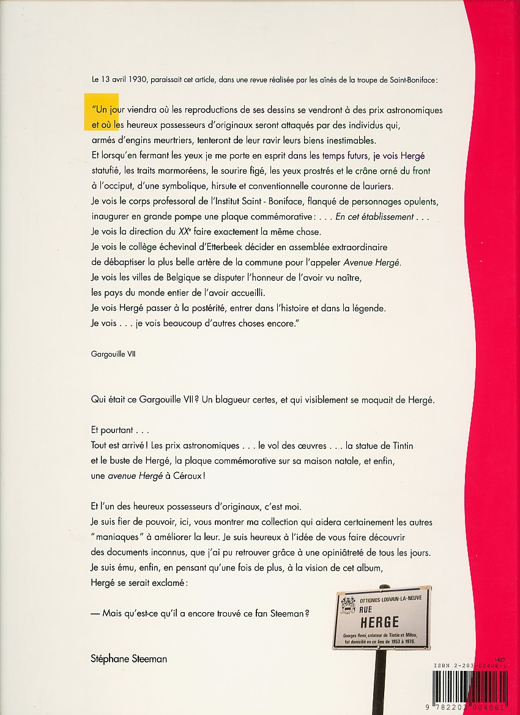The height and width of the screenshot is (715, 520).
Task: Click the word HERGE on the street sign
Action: point(379,622)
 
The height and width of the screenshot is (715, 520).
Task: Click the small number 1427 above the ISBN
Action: point(502,656)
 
